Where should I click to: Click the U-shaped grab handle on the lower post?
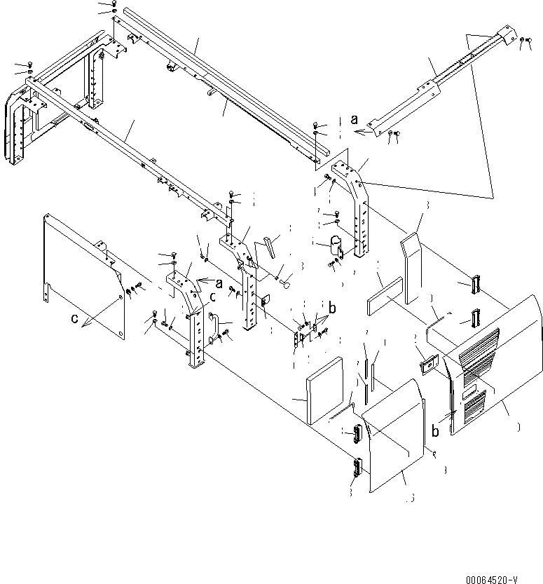point(215,328)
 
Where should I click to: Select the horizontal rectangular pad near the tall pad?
point(383,293)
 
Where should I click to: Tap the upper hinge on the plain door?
point(357,435)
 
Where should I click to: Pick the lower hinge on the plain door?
point(355,468)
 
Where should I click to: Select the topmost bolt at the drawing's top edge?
point(113,4)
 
